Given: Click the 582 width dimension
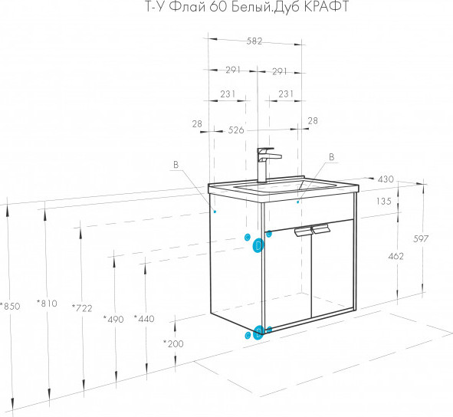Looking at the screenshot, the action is tap(254, 41).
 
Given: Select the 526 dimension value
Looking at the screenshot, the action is tap(236, 130).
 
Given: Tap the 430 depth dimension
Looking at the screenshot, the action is tap(386, 179).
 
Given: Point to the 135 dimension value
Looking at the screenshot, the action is tap(384, 201).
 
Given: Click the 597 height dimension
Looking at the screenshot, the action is tap(421, 238).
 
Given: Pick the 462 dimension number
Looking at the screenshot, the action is tap(396, 256).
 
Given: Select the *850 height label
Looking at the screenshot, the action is tap(10, 306).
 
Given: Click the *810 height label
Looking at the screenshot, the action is tap(47, 303).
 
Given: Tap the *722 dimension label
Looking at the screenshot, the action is tap(82, 308).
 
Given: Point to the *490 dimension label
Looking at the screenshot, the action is tap(113, 319).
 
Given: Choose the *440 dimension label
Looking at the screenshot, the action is tap(144, 318).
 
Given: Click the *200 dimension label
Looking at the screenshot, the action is tap(173, 343).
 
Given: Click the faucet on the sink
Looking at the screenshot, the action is tap(267, 164).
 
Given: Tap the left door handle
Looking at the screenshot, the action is tap(303, 231).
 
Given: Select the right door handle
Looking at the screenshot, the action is tap(320, 228).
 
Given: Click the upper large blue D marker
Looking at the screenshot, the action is tap(258, 245).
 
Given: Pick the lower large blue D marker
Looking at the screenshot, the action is tap(258, 333).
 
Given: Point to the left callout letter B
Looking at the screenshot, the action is tap(176, 165).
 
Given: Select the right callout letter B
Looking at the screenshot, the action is tap(332, 157).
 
